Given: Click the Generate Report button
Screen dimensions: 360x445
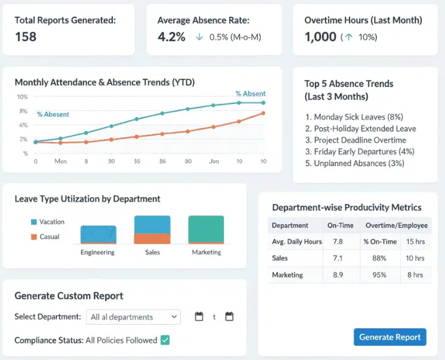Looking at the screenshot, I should (390, 337).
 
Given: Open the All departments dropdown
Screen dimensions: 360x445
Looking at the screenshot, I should (133, 317).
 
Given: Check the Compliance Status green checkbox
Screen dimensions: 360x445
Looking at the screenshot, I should (165, 340).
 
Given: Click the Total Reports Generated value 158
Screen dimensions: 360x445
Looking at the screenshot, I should (26, 37).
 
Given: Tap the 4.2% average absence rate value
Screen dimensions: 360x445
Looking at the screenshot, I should (171, 37).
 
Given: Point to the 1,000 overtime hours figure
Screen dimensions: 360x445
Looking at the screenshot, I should (320, 37).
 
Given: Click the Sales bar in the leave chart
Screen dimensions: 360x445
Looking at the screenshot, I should (152, 230).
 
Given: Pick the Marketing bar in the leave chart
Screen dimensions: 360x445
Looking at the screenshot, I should (206, 230).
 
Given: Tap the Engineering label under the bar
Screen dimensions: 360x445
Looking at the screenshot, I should (97, 253).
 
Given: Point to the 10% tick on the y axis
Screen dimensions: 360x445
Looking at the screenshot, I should (22, 97).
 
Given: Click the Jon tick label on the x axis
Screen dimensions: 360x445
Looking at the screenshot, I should (213, 161).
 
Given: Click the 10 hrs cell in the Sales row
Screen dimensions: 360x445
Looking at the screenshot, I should (415, 259).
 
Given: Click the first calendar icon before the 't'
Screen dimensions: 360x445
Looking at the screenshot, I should (199, 317).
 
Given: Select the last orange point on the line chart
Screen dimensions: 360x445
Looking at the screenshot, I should (263, 113).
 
